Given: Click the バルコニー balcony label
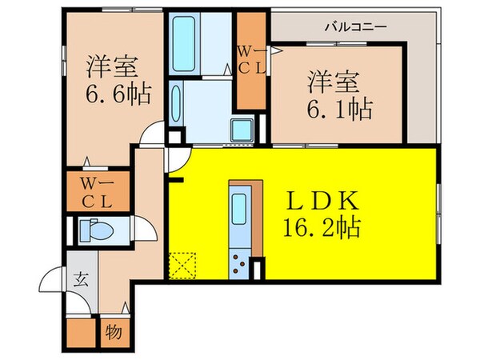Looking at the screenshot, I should tap(355, 26).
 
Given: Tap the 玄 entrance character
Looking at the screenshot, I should tap(82, 280).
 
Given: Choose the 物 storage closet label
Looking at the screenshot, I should tap(114, 330).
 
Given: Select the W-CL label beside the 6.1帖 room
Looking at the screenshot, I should tap(253, 60).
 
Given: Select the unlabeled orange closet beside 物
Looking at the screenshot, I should tap(81, 331).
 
